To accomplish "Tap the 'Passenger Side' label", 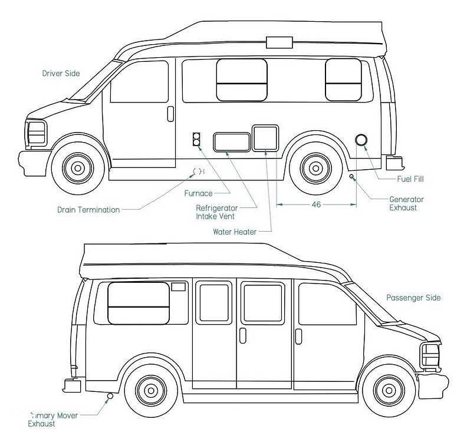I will [x=413, y=298].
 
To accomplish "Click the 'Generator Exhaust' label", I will [x=406, y=203].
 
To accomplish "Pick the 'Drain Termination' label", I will [x=88, y=209].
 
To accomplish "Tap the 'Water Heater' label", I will [x=235, y=232].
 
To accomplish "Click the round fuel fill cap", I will [x=361, y=141].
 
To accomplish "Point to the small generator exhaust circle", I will [x=352, y=176].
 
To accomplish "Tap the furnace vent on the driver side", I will [x=196, y=140].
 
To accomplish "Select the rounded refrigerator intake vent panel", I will [x=231, y=142].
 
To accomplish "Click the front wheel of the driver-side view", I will [x=77, y=168].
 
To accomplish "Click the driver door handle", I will [x=170, y=113].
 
